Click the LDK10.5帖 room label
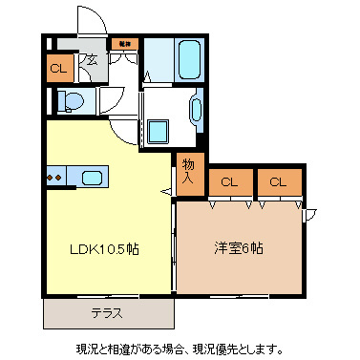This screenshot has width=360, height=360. point(103,249)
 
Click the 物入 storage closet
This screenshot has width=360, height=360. point(189,170)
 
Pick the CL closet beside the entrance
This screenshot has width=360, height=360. point(58,68)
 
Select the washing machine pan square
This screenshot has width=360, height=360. point(159,131)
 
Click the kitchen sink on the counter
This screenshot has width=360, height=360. point(93,177)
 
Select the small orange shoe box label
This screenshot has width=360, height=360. point(123,43)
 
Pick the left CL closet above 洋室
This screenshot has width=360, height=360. point(229,181)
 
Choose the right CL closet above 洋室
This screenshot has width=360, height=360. point(277,181)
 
